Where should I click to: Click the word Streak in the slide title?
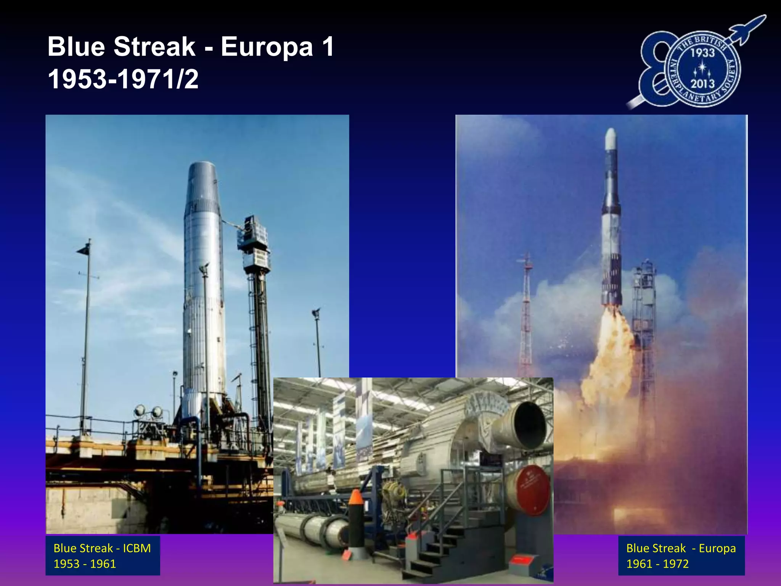tap(154, 47)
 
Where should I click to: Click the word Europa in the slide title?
tap(267, 47)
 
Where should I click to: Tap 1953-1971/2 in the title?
tap(123, 79)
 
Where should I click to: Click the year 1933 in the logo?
tap(702, 53)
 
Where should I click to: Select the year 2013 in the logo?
tap(702, 83)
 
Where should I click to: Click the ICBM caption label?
tap(102, 555)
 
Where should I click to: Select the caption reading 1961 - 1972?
tap(657, 564)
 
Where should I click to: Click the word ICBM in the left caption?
tap(137, 548)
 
